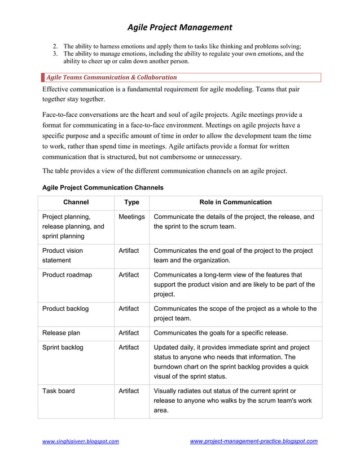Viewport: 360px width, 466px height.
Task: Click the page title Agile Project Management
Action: (x=179, y=27)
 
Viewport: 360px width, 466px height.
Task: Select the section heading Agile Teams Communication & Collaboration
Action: (x=111, y=77)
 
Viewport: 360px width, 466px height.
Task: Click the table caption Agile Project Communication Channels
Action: (x=103, y=187)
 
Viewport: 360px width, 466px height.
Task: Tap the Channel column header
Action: (x=76, y=202)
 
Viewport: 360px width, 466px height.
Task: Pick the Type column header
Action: (x=131, y=202)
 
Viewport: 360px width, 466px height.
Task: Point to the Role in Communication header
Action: (x=235, y=202)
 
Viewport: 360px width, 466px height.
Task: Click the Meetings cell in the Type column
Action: (x=131, y=217)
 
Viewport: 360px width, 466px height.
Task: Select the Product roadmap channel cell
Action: (x=67, y=275)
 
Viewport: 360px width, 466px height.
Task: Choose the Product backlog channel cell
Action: (x=65, y=309)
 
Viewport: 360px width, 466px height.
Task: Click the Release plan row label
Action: (x=62, y=333)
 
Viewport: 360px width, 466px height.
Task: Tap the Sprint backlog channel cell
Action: (x=63, y=348)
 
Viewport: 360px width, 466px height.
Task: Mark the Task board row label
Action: (x=59, y=390)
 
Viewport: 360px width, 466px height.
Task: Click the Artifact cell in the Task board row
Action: (x=129, y=390)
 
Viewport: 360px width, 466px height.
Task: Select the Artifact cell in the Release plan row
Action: (x=129, y=333)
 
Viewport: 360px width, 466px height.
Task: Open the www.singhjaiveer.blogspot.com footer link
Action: (x=81, y=441)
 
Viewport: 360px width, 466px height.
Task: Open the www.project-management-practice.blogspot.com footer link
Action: (x=253, y=441)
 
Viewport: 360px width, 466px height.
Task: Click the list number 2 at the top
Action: (x=55, y=46)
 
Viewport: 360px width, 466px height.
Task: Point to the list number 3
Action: (x=55, y=54)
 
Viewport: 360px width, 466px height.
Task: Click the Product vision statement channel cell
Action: (x=63, y=256)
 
